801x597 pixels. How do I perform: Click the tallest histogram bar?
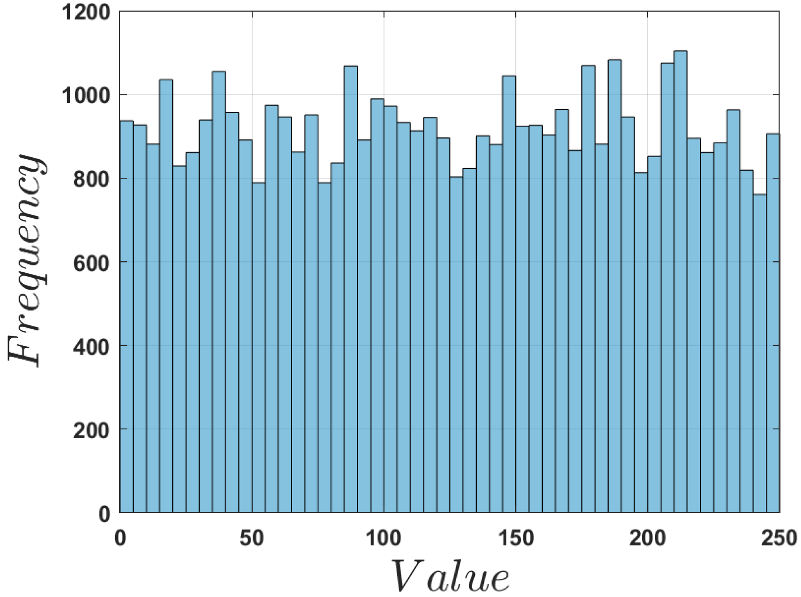(x=681, y=283)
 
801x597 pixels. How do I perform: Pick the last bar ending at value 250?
(x=773, y=323)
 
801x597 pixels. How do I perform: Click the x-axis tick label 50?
(x=251, y=538)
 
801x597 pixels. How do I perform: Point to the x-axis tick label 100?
(x=383, y=538)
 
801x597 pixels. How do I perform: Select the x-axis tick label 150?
(x=515, y=538)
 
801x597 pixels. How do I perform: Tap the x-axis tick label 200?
(x=647, y=538)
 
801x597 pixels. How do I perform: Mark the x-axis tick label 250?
(x=778, y=538)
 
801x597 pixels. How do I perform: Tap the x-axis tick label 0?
(x=120, y=538)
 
